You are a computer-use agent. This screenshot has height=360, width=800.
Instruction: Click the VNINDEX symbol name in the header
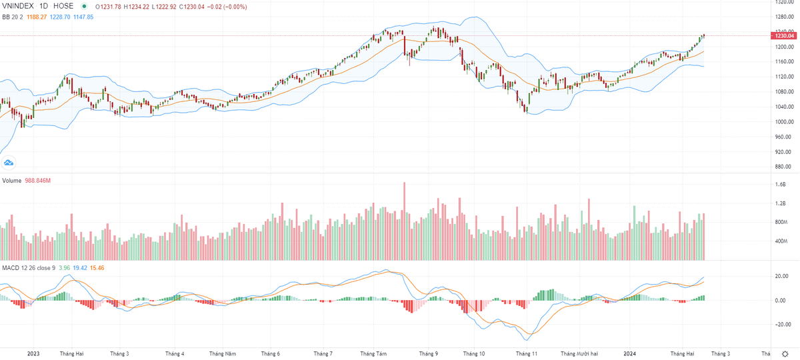click(19, 7)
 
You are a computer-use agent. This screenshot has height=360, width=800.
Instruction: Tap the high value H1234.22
click(145, 7)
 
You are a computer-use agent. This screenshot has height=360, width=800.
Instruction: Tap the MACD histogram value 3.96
click(65, 268)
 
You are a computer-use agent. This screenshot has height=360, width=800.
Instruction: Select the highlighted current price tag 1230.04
click(783, 35)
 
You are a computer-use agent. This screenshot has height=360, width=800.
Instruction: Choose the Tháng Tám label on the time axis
click(373, 353)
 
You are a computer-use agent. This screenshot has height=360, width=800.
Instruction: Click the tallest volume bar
click(404, 221)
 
